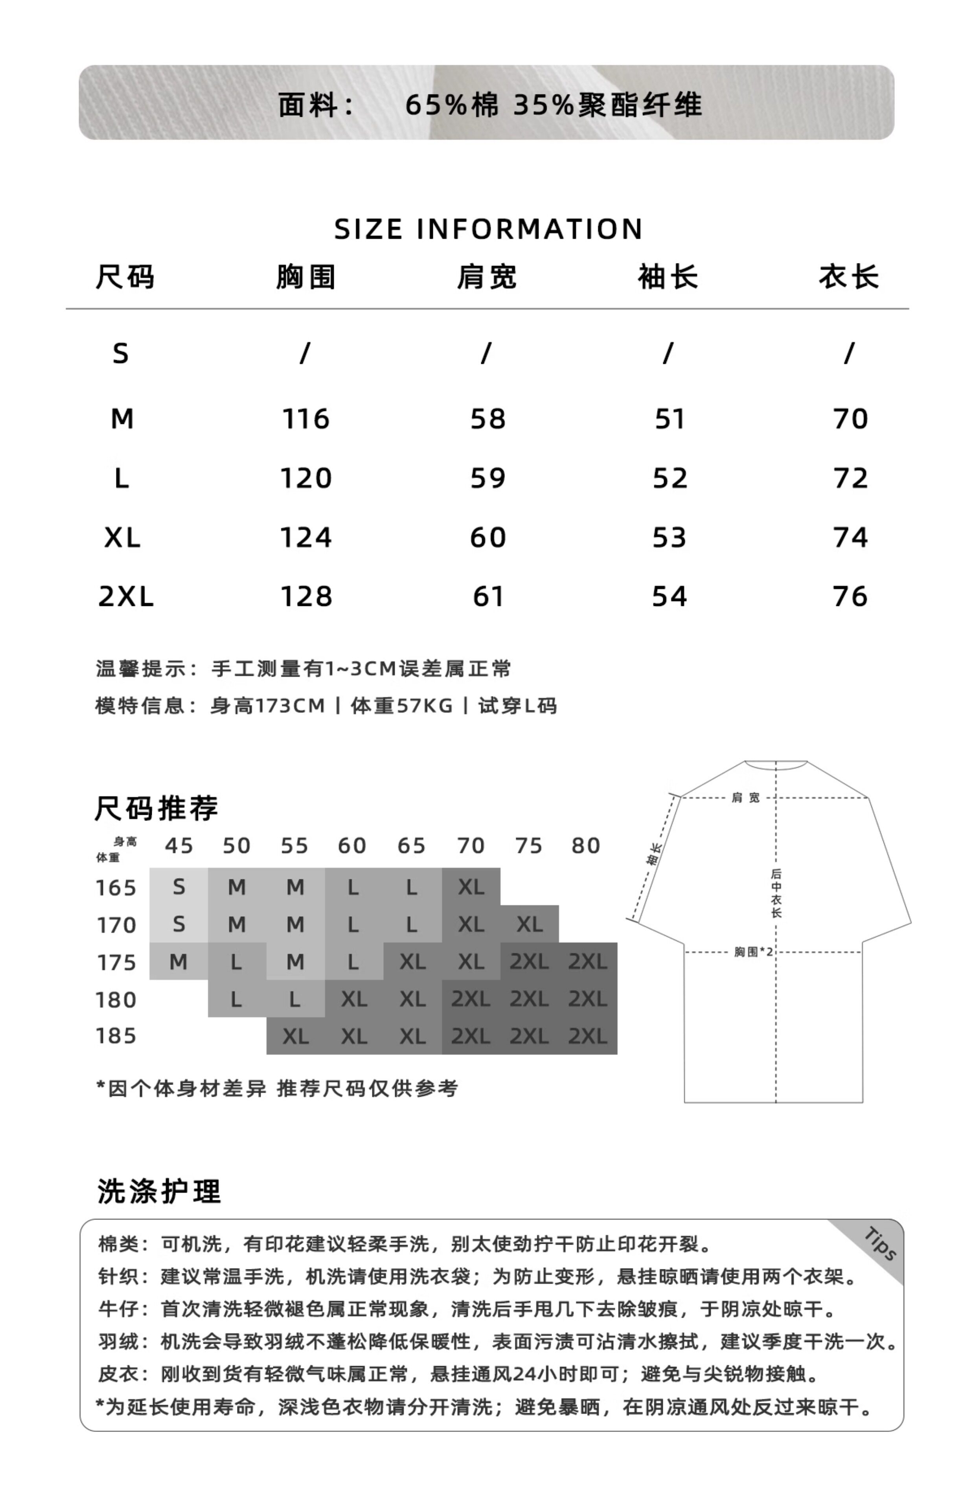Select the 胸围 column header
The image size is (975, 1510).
pos(306,277)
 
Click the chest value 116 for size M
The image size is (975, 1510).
pos(306,419)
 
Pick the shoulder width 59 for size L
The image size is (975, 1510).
pos(487,479)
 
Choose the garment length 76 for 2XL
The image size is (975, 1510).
pos(850,597)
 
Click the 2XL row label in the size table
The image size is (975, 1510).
pos(125,597)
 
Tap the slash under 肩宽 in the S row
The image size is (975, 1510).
pos(486,353)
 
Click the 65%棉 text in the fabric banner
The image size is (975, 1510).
pos(452,105)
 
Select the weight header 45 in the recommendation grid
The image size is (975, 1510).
pos(178,846)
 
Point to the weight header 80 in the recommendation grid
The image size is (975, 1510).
pos(586,846)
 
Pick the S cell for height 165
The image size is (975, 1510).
pos(178,887)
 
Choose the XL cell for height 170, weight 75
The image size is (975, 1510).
pos(529,924)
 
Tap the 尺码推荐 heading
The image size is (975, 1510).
pos(156,808)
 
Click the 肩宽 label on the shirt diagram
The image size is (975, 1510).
pos(745,798)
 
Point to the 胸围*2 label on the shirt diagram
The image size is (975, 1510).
pos(753,952)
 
